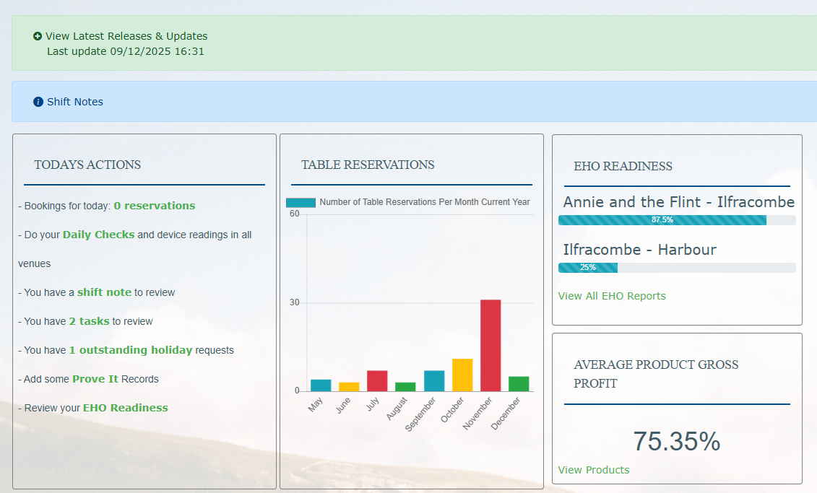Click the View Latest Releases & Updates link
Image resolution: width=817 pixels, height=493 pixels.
[126, 36]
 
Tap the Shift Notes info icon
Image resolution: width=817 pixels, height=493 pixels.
[38, 102]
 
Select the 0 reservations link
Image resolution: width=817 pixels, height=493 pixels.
[154, 206]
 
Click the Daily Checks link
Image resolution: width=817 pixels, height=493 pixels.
[98, 235]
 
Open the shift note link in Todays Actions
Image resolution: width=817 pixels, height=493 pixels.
[104, 292]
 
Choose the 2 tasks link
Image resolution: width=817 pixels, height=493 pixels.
[89, 321]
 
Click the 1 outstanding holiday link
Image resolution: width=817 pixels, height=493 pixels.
[130, 350]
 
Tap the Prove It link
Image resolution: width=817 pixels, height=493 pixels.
[95, 379]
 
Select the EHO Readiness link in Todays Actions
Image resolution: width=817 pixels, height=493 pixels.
[125, 408]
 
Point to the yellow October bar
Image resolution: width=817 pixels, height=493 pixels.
[462, 375]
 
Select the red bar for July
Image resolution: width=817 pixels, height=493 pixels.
[377, 380]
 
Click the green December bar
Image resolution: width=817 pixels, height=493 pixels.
[519, 383]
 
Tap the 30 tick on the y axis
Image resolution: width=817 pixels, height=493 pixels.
[294, 302]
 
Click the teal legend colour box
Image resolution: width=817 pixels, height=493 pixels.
[301, 203]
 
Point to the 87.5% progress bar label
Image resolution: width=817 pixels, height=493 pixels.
[662, 220]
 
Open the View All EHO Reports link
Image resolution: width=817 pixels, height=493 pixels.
[612, 296]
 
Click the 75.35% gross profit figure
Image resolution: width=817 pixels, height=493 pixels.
[676, 441]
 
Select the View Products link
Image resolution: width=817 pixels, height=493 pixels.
[594, 470]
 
